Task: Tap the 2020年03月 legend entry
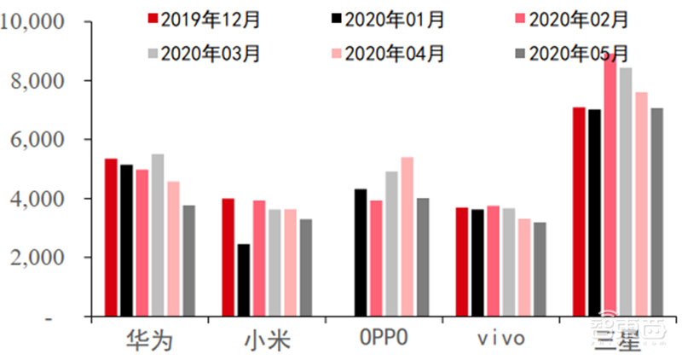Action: pos(202,54)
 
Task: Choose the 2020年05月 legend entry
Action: pos(569,54)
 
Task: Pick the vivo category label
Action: pos(500,339)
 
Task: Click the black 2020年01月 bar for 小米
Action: pos(244,281)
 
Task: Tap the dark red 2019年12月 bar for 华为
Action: pos(111,238)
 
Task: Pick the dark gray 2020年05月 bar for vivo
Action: pos(540,270)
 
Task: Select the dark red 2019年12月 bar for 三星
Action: pos(579,212)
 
